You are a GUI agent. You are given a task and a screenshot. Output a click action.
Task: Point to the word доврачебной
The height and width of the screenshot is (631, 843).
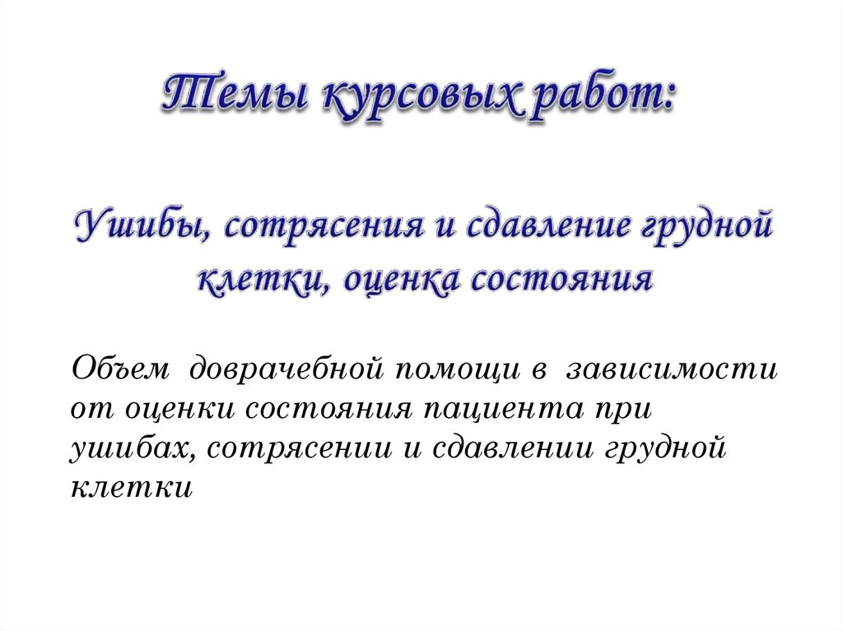tap(289, 367)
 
